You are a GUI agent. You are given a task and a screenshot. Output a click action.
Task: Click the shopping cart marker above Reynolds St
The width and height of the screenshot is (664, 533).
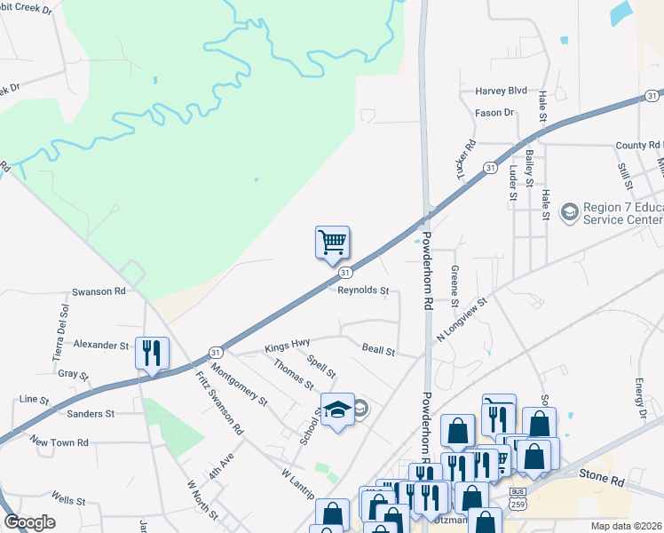(332, 242)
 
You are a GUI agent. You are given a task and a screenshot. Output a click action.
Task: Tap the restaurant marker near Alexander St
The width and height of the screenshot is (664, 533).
(152, 354)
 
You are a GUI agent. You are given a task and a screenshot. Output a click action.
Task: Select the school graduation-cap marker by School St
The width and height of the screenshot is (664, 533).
(337, 410)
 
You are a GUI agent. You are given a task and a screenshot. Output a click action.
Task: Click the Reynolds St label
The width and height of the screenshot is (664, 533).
(363, 290)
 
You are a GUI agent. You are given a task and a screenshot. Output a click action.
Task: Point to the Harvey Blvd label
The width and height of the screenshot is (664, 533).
(502, 91)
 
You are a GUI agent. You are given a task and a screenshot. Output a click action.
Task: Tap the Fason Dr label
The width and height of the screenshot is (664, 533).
(494, 113)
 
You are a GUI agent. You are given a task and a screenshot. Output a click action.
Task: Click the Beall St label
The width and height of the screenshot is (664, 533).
(378, 351)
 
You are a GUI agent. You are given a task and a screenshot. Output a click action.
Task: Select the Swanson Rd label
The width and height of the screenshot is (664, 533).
(97, 290)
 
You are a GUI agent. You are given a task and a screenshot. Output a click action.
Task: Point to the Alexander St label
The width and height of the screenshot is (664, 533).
(101, 344)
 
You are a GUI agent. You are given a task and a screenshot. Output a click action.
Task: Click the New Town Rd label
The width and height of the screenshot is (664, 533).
(59, 442)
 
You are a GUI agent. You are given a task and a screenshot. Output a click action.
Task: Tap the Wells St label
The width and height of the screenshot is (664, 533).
(67, 500)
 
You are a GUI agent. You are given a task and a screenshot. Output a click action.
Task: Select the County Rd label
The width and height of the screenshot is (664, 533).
(639, 145)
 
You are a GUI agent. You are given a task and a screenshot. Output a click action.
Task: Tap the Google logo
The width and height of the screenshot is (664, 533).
(29, 522)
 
